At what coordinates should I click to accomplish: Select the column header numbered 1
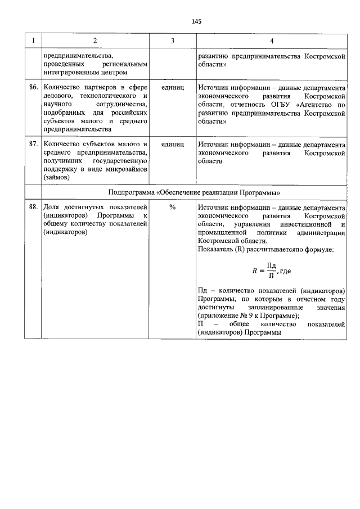[x=33, y=40]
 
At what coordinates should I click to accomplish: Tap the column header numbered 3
[x=172, y=40]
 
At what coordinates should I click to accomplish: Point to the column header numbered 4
[x=272, y=40]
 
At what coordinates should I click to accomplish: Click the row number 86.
[x=33, y=88]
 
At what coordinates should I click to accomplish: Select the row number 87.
[x=33, y=144]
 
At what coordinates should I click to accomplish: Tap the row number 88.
[x=33, y=207]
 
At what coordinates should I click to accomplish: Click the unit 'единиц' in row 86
[x=172, y=88]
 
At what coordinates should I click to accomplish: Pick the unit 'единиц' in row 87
[x=172, y=144]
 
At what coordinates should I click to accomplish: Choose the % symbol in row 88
[x=172, y=207]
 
